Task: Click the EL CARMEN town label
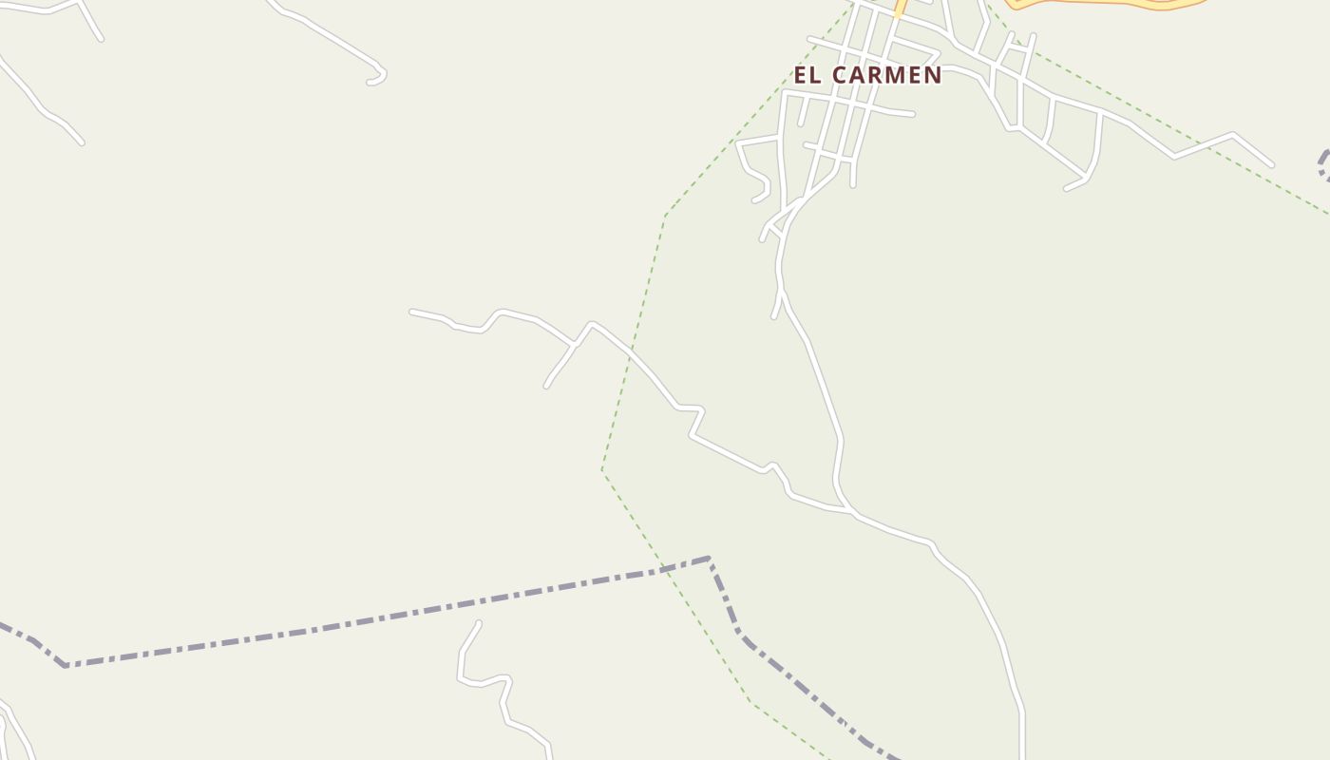point(867,75)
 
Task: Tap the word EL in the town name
point(807,75)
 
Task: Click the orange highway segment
point(1102,4)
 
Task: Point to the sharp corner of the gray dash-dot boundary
point(710,559)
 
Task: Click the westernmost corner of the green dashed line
point(602,470)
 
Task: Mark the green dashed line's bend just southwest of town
point(665,215)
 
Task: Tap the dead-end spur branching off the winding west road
point(547,385)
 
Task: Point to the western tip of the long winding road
point(411,311)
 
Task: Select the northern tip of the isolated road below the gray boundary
point(479,623)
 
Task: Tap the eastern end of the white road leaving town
point(1271,164)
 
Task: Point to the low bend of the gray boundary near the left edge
point(66,665)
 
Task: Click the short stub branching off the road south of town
point(774,315)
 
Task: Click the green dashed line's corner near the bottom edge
point(753,704)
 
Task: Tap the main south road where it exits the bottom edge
point(1022,755)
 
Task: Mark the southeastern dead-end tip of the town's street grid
point(1067,188)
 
